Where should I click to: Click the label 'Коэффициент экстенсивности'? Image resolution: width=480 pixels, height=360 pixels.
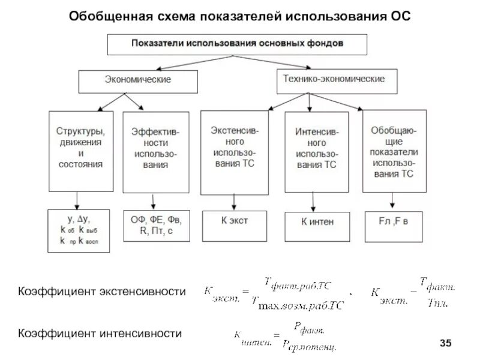point(100,292)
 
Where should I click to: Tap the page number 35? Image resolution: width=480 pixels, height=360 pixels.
point(445,343)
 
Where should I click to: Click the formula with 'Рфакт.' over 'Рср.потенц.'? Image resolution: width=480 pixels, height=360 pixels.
point(285,336)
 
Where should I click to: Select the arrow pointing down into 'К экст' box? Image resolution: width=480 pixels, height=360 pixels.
point(234,202)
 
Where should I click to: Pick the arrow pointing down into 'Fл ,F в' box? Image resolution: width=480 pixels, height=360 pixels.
point(393,200)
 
